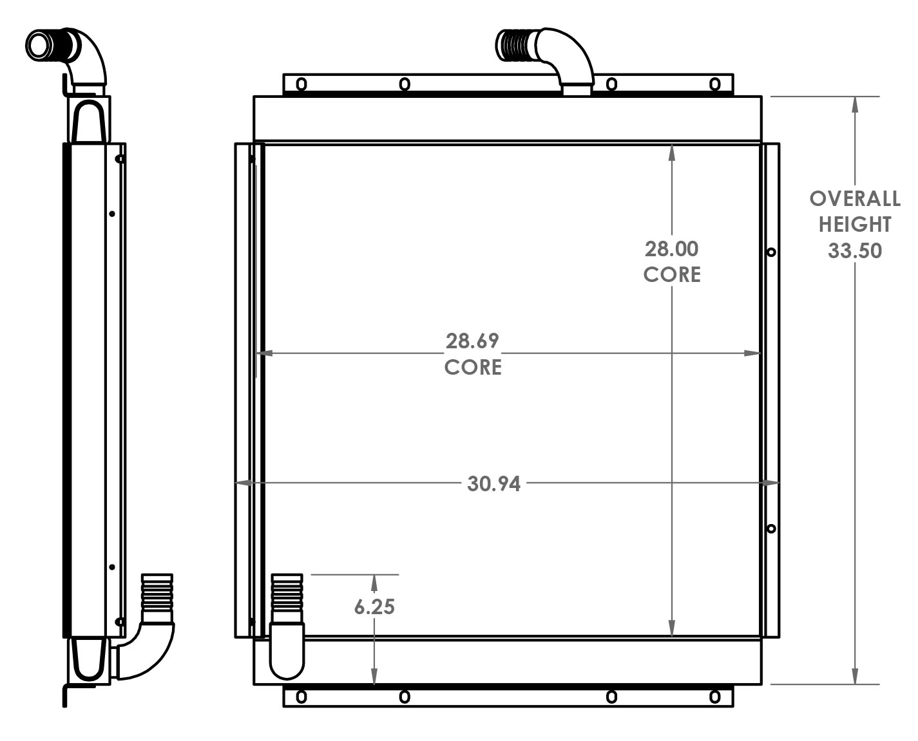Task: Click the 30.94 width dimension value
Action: [x=493, y=483]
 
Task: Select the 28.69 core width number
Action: [x=472, y=341]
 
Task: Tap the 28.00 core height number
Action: [x=671, y=249]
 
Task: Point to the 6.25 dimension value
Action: [x=374, y=606]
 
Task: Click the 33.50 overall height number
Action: [x=854, y=251]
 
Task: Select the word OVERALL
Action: [x=854, y=199]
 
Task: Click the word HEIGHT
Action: [x=854, y=225]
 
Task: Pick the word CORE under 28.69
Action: [x=472, y=367]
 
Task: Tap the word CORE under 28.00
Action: [x=671, y=275]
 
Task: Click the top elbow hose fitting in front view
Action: [x=548, y=55]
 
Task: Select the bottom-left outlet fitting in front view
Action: [x=287, y=624]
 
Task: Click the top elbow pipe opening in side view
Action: [x=39, y=44]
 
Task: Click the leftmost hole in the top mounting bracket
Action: [x=301, y=84]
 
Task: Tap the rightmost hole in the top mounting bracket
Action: [x=714, y=84]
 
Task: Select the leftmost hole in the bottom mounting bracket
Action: [x=301, y=697]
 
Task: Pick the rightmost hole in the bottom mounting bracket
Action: [x=714, y=697]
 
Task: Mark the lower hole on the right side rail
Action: [x=771, y=529]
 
